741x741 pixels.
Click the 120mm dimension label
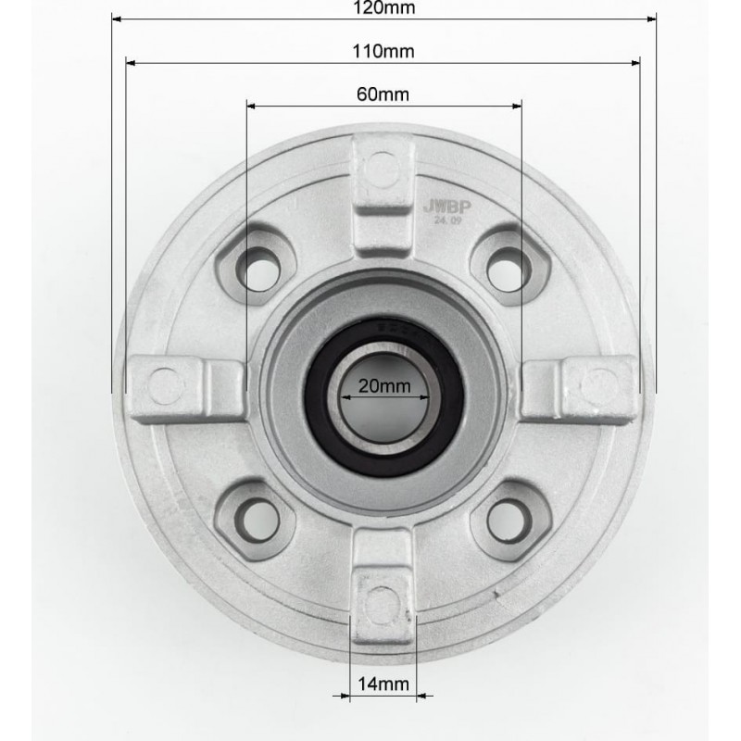383,8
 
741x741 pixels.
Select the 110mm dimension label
383,51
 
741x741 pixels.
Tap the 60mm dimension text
383,94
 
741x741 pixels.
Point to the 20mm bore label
384,386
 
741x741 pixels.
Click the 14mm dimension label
383,684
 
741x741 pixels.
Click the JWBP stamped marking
447,207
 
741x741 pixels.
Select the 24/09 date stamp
447,220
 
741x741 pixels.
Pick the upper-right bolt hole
507,270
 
